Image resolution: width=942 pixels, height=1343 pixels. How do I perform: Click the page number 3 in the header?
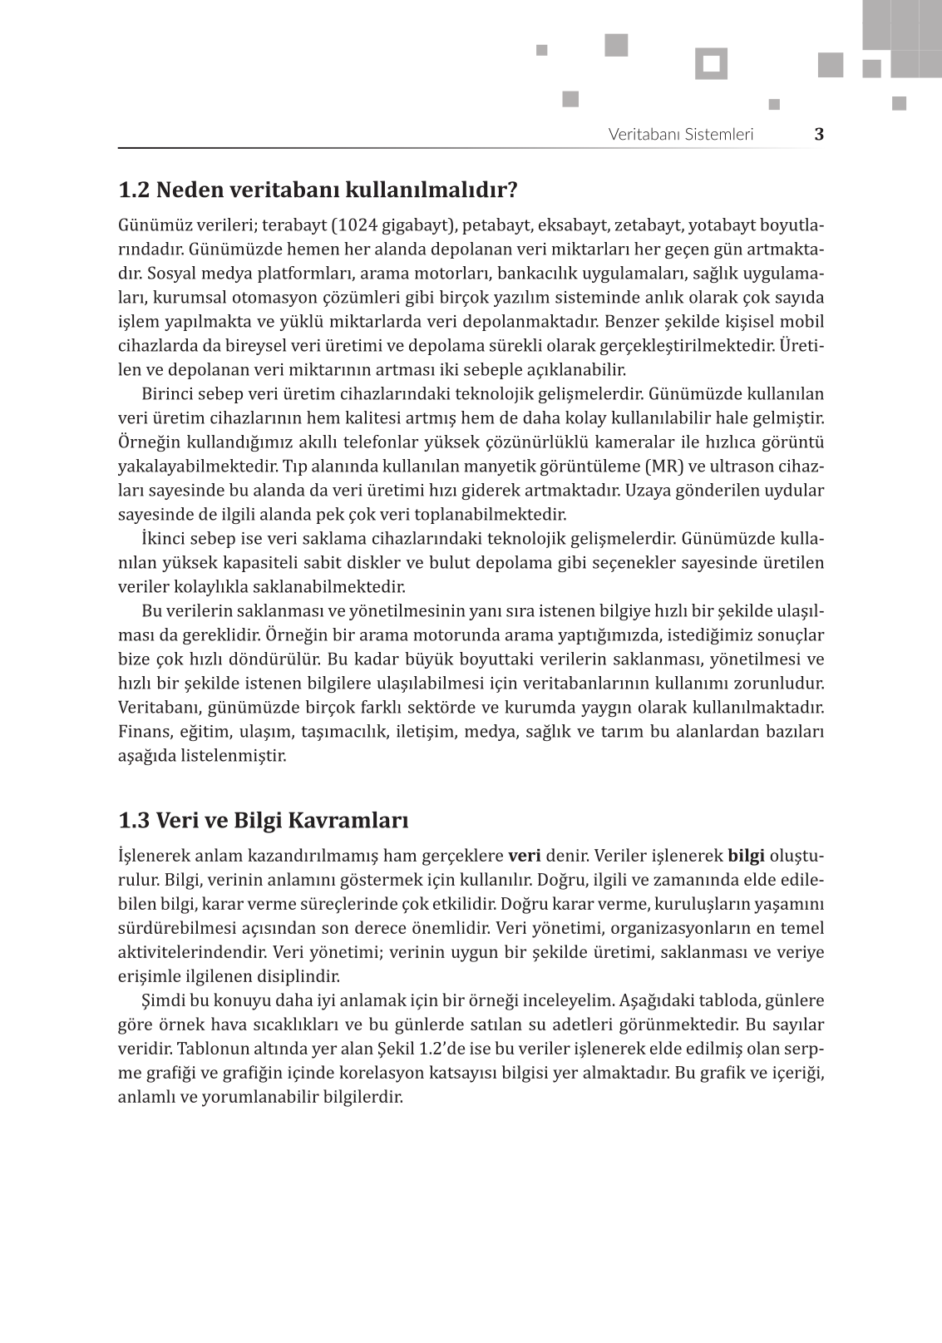(x=819, y=134)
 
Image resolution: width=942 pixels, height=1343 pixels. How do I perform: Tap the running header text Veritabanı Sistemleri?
(x=680, y=134)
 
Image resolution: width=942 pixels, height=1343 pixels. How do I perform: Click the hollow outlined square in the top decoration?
(x=711, y=64)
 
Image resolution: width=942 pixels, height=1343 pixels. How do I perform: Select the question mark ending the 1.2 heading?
(x=512, y=190)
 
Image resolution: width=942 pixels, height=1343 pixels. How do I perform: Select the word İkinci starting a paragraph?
(x=165, y=538)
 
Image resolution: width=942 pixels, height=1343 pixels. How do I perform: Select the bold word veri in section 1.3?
(x=524, y=856)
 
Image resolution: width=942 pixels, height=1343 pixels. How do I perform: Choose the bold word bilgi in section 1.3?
(x=746, y=856)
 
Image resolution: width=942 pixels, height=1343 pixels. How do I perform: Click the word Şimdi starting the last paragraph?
(x=164, y=1000)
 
